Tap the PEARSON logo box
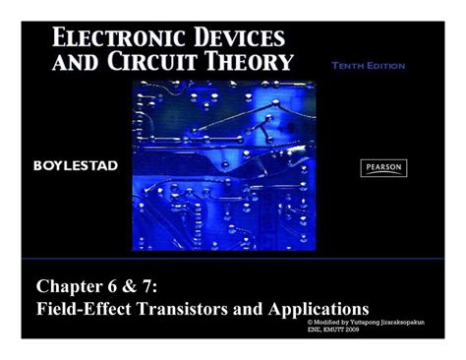(x=383, y=167)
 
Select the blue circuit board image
(x=223, y=162)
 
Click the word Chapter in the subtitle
(x=73, y=285)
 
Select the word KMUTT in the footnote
(x=331, y=329)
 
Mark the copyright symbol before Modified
(x=310, y=321)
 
